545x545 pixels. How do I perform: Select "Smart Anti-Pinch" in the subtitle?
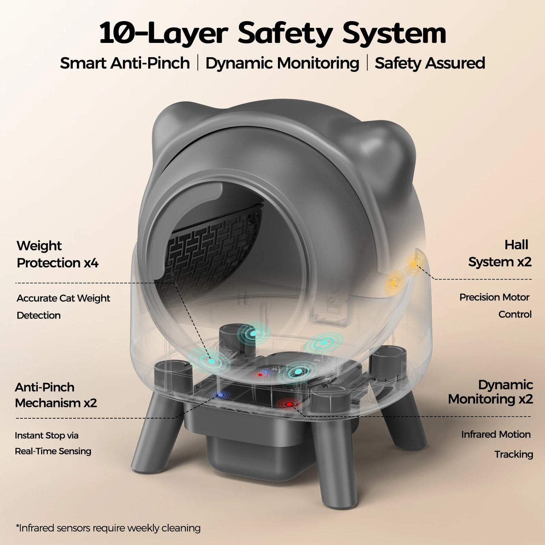[x=125, y=63]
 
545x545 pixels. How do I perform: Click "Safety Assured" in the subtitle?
[x=430, y=63]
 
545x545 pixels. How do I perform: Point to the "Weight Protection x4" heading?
[x=57, y=254]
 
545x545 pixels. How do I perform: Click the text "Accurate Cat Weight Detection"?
[x=63, y=306]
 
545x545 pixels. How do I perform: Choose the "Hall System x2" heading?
[x=500, y=253]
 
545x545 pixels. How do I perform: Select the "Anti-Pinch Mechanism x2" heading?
[x=56, y=395]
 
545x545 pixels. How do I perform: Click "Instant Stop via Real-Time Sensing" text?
[x=53, y=443]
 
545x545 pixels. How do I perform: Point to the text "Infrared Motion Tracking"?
[x=497, y=444]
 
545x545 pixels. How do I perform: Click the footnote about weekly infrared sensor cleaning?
[x=108, y=528]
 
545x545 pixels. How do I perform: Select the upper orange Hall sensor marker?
[x=415, y=264]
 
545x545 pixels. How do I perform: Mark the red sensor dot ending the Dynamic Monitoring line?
[x=289, y=404]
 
